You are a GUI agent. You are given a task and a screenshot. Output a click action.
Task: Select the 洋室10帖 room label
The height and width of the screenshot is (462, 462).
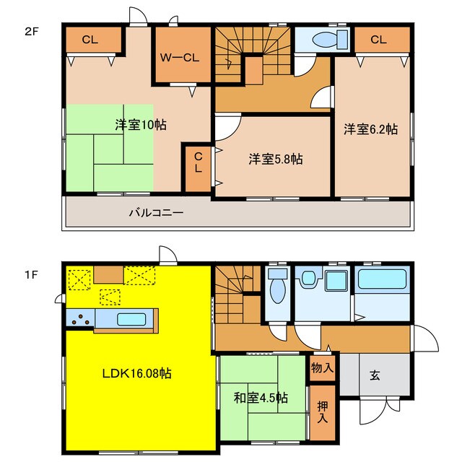(x=140, y=125)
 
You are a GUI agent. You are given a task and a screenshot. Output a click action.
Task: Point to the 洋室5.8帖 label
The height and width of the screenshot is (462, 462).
(x=275, y=159)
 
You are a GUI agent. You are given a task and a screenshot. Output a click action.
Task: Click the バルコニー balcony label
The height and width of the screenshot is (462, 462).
(x=156, y=213)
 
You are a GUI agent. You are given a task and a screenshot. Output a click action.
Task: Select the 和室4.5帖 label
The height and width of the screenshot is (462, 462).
(x=261, y=397)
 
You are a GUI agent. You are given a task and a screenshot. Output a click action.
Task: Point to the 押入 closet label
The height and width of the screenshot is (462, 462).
(x=323, y=411)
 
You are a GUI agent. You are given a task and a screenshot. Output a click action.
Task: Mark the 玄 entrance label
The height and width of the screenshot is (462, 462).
(x=375, y=375)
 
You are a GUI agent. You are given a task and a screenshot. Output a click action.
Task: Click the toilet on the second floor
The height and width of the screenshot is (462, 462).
(x=318, y=39)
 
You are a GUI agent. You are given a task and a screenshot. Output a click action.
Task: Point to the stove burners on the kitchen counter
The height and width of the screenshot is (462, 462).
(x=81, y=319)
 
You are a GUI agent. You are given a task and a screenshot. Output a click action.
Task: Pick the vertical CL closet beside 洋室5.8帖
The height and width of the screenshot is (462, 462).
(x=198, y=168)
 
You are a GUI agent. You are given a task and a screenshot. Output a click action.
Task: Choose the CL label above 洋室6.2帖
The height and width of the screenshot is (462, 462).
(x=378, y=40)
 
